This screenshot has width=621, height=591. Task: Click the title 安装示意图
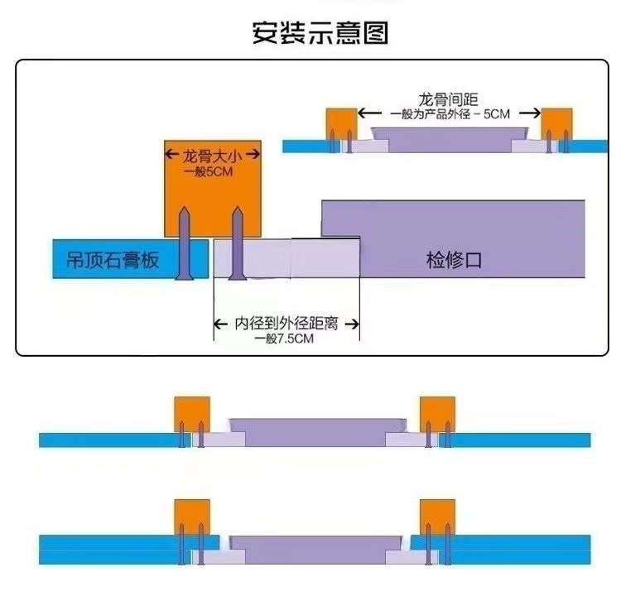(320, 33)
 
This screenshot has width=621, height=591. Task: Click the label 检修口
(454, 261)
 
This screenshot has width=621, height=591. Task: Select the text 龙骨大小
(211, 154)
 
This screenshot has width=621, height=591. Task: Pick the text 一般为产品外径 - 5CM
(450, 114)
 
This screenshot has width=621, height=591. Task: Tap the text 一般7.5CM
(286, 339)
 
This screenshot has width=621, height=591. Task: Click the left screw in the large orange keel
(185, 244)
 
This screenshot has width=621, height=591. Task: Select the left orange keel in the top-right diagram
(340, 123)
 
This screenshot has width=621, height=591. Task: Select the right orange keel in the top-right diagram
(558, 123)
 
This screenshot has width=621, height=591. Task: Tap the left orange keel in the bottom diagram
(191, 518)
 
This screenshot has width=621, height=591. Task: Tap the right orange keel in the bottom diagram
(437, 518)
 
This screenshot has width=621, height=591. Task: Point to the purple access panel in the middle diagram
(315, 432)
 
